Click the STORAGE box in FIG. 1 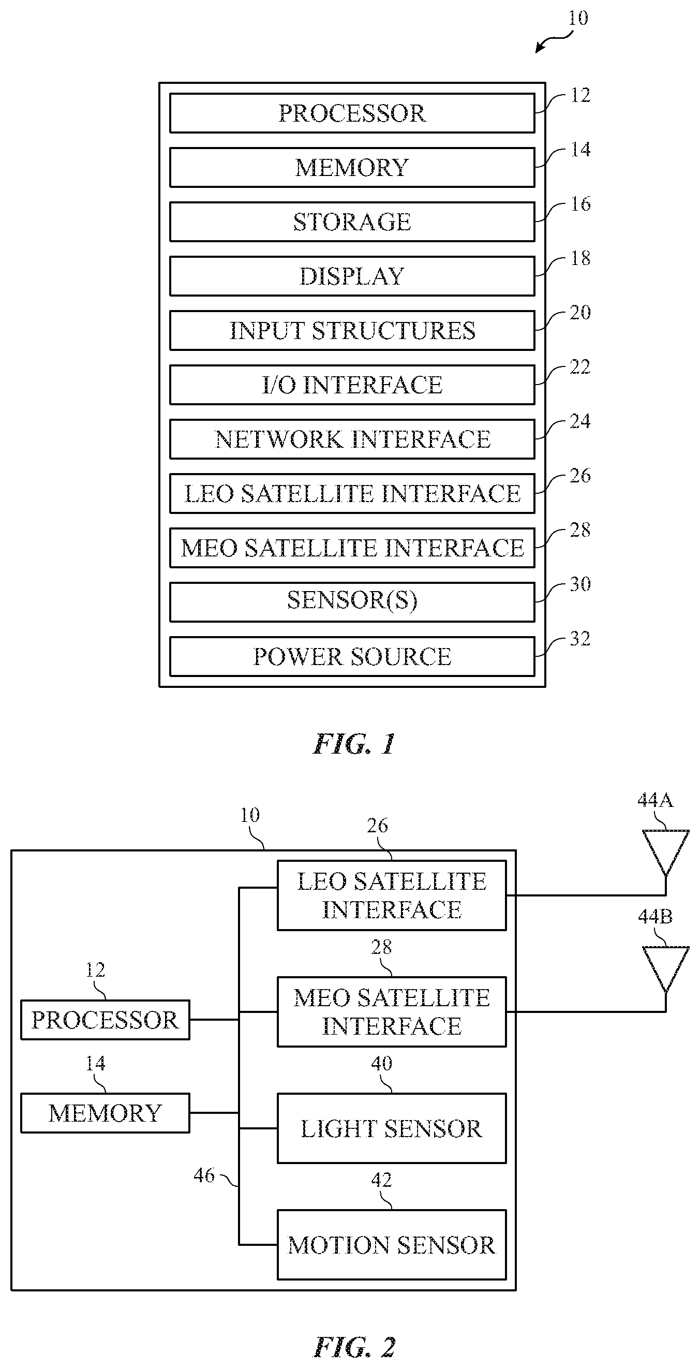[x=352, y=222]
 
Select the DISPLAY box [x=352, y=276]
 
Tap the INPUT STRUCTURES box [x=352, y=330]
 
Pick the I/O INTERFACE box [x=352, y=385]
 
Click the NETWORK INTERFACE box [x=352, y=439]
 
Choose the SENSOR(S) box [x=352, y=601]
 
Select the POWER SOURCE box [x=352, y=656]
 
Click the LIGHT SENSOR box [x=392, y=1128]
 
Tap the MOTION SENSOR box [x=392, y=1245]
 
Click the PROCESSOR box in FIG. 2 [x=105, y=1020]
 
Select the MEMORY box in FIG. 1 [x=352, y=167]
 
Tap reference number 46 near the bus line [x=204, y=1175]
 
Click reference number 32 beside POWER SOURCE [x=580, y=638]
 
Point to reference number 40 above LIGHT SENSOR [x=382, y=1063]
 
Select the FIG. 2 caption [x=354, y=1347]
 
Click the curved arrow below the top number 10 [x=554, y=40]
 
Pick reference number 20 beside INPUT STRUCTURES [x=580, y=312]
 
